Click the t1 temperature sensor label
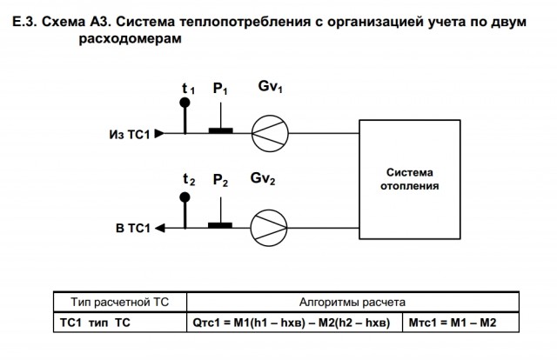(x=188, y=89)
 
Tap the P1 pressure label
(x=220, y=89)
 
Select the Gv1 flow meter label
(x=270, y=87)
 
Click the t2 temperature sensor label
(x=189, y=180)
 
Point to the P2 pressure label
(x=220, y=180)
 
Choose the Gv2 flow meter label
(x=263, y=178)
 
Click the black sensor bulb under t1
(x=185, y=103)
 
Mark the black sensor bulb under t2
(x=185, y=197)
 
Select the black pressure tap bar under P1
(x=220, y=130)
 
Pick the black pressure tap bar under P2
(x=220, y=225)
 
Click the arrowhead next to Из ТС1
(x=159, y=134)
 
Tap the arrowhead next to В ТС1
(x=160, y=228)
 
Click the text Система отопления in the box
(x=410, y=179)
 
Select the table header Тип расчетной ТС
(x=120, y=302)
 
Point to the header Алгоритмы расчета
(x=352, y=302)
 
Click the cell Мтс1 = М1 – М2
(x=453, y=323)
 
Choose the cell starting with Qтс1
(x=292, y=323)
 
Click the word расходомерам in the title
(x=130, y=38)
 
